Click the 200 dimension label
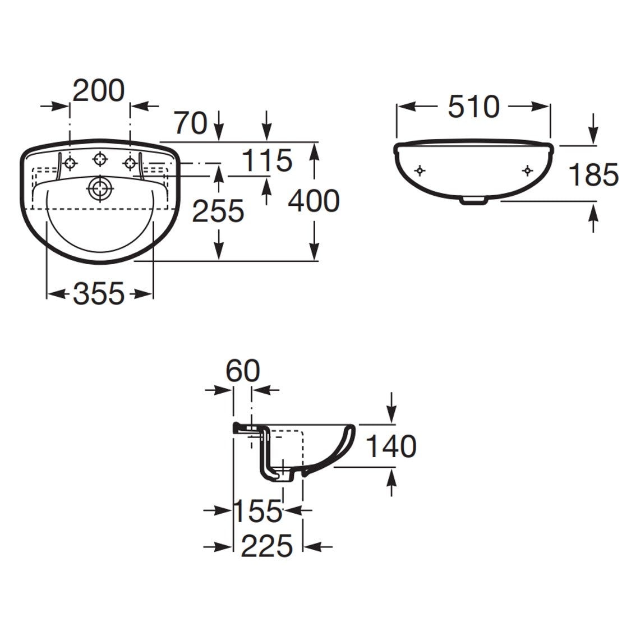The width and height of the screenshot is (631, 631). (x=99, y=91)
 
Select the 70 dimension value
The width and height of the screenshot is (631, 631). (x=191, y=123)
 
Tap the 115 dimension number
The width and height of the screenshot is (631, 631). (x=267, y=160)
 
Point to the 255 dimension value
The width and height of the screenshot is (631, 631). (x=218, y=211)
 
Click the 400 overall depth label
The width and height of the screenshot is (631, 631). (x=314, y=201)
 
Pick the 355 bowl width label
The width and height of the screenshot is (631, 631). (x=99, y=293)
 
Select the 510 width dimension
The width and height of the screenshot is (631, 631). (x=473, y=107)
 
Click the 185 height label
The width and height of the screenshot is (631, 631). (x=593, y=174)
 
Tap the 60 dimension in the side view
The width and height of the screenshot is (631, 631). (x=243, y=371)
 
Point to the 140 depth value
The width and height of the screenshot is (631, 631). (x=391, y=446)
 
